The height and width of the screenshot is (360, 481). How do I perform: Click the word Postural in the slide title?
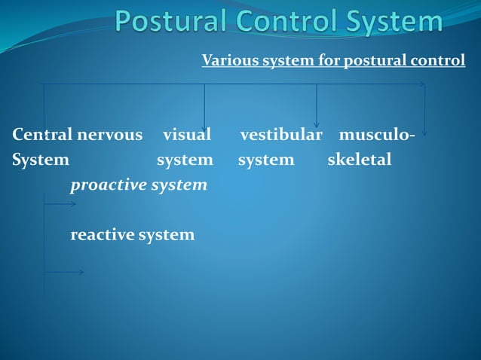coord(167,22)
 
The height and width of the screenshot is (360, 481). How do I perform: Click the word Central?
coord(41,135)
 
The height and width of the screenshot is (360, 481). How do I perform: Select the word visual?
coord(187,135)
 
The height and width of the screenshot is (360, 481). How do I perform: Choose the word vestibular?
coord(281,135)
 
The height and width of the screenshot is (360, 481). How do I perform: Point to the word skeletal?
coord(360,160)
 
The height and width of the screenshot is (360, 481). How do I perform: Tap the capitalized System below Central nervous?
coord(41,160)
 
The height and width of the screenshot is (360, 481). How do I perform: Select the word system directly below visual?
coord(185,160)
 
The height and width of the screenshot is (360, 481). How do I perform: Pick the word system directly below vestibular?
coord(266,160)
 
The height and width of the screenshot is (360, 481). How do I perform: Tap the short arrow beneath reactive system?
coord(66,272)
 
